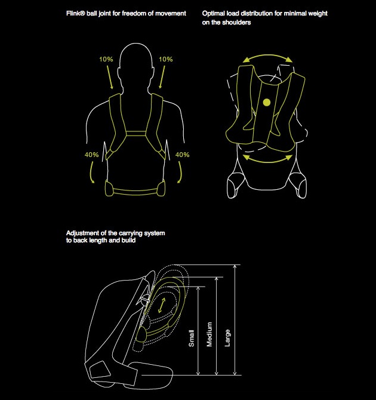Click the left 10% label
click(106, 59)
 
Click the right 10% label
click(165, 59)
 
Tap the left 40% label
click(91, 155)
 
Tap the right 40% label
click(182, 155)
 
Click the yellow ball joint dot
click(267, 103)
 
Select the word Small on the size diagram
click(192, 339)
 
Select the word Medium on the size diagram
click(209, 334)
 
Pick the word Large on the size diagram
click(227, 338)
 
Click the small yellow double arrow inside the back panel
click(162, 305)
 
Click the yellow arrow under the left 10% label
click(110, 77)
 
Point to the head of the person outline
click(136, 57)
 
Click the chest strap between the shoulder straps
click(136, 134)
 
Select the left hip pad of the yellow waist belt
click(109, 188)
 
